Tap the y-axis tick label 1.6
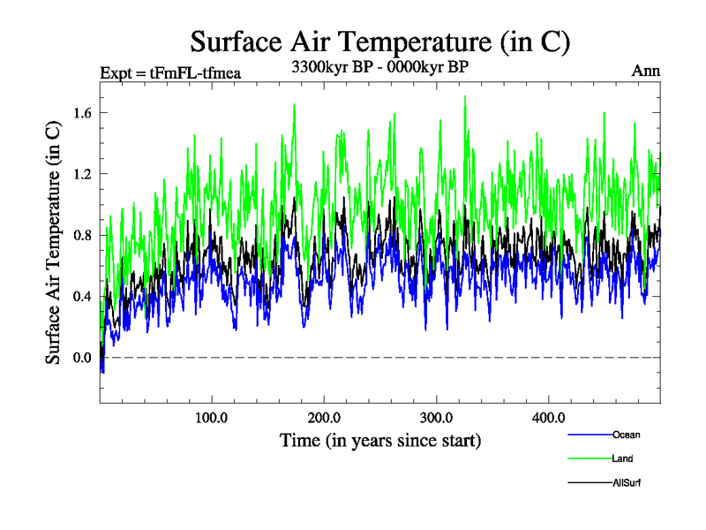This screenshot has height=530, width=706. point(84,112)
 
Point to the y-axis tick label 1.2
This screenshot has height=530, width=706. point(84,173)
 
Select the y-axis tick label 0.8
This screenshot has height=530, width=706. point(84,235)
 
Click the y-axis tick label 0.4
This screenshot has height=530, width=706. point(84,296)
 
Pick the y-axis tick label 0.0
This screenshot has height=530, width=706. point(84,357)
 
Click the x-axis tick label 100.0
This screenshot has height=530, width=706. point(212,417)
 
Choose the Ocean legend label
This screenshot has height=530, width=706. point(626,435)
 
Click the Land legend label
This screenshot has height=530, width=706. point(622,458)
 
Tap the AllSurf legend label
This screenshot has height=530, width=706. point(627,482)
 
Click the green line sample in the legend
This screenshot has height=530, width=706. point(589,458)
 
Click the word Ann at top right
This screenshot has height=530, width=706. point(646,71)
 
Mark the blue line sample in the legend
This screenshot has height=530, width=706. point(589,435)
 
